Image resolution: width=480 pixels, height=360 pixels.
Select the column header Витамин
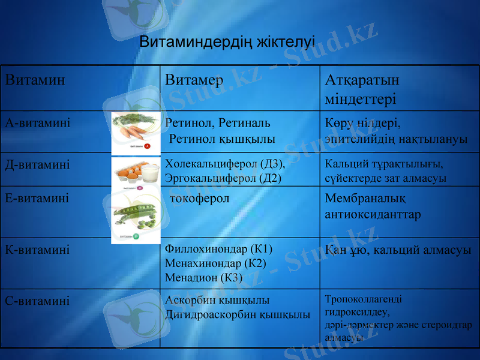[x=35, y=80]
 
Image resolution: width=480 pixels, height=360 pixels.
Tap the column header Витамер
[x=194, y=80]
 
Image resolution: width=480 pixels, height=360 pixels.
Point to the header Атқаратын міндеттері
[x=362, y=89]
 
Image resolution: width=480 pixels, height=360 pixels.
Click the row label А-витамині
[x=38, y=123]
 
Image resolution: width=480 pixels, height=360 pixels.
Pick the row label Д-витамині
[x=38, y=164]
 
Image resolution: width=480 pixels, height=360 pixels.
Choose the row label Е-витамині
[x=37, y=197]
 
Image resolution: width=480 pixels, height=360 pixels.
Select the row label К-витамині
[x=37, y=249]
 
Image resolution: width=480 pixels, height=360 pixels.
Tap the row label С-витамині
[x=37, y=301]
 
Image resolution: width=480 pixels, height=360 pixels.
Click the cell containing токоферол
[x=200, y=199]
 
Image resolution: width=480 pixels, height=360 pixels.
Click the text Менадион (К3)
[x=203, y=277]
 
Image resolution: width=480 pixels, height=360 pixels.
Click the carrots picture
[x=136, y=132]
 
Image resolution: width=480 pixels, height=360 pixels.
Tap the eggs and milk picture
[x=136, y=173]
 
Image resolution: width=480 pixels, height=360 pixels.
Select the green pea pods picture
[x=136, y=216]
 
